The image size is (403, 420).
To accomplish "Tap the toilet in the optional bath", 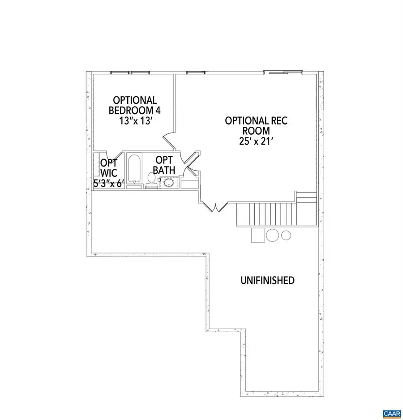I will coord(151,179).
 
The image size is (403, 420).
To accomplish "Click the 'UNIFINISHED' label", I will coord(267,281).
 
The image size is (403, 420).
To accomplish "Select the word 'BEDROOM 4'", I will coord(134,110).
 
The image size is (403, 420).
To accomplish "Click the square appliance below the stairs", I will coord(258,235).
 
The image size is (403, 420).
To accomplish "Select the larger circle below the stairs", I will coord(272,235).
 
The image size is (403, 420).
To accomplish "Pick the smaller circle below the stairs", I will coord(286,235).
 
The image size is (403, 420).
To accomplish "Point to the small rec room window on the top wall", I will coord(193,72).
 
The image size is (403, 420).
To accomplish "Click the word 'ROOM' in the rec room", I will coord(256,131).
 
